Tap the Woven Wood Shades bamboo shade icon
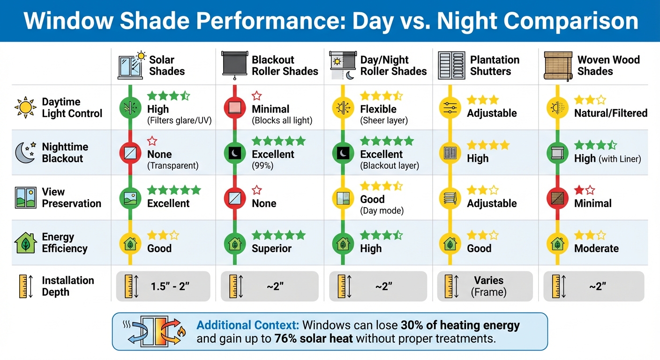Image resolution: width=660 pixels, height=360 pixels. click(x=557, y=65)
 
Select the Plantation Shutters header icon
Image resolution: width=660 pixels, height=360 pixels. click(x=451, y=65)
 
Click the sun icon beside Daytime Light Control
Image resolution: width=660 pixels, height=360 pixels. click(x=25, y=108)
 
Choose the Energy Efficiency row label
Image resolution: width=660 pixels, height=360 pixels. click(x=65, y=243)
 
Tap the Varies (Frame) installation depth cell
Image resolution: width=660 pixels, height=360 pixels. click(x=488, y=286)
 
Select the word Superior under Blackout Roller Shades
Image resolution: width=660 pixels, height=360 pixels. click(x=271, y=248)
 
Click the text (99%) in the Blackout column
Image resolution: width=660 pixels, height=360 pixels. click(x=262, y=165)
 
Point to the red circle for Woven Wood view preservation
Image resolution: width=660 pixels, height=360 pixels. click(x=557, y=198)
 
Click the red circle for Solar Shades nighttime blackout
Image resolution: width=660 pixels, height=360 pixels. click(x=130, y=153)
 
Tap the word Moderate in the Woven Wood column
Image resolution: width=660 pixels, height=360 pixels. click(x=596, y=248)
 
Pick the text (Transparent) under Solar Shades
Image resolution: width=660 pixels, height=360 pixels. click(x=172, y=165)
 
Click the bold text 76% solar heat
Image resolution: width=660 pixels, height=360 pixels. click(x=313, y=338)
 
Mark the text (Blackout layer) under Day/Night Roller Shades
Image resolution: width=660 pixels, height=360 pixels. click(x=390, y=165)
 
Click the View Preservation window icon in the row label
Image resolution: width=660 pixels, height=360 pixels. click(x=25, y=198)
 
